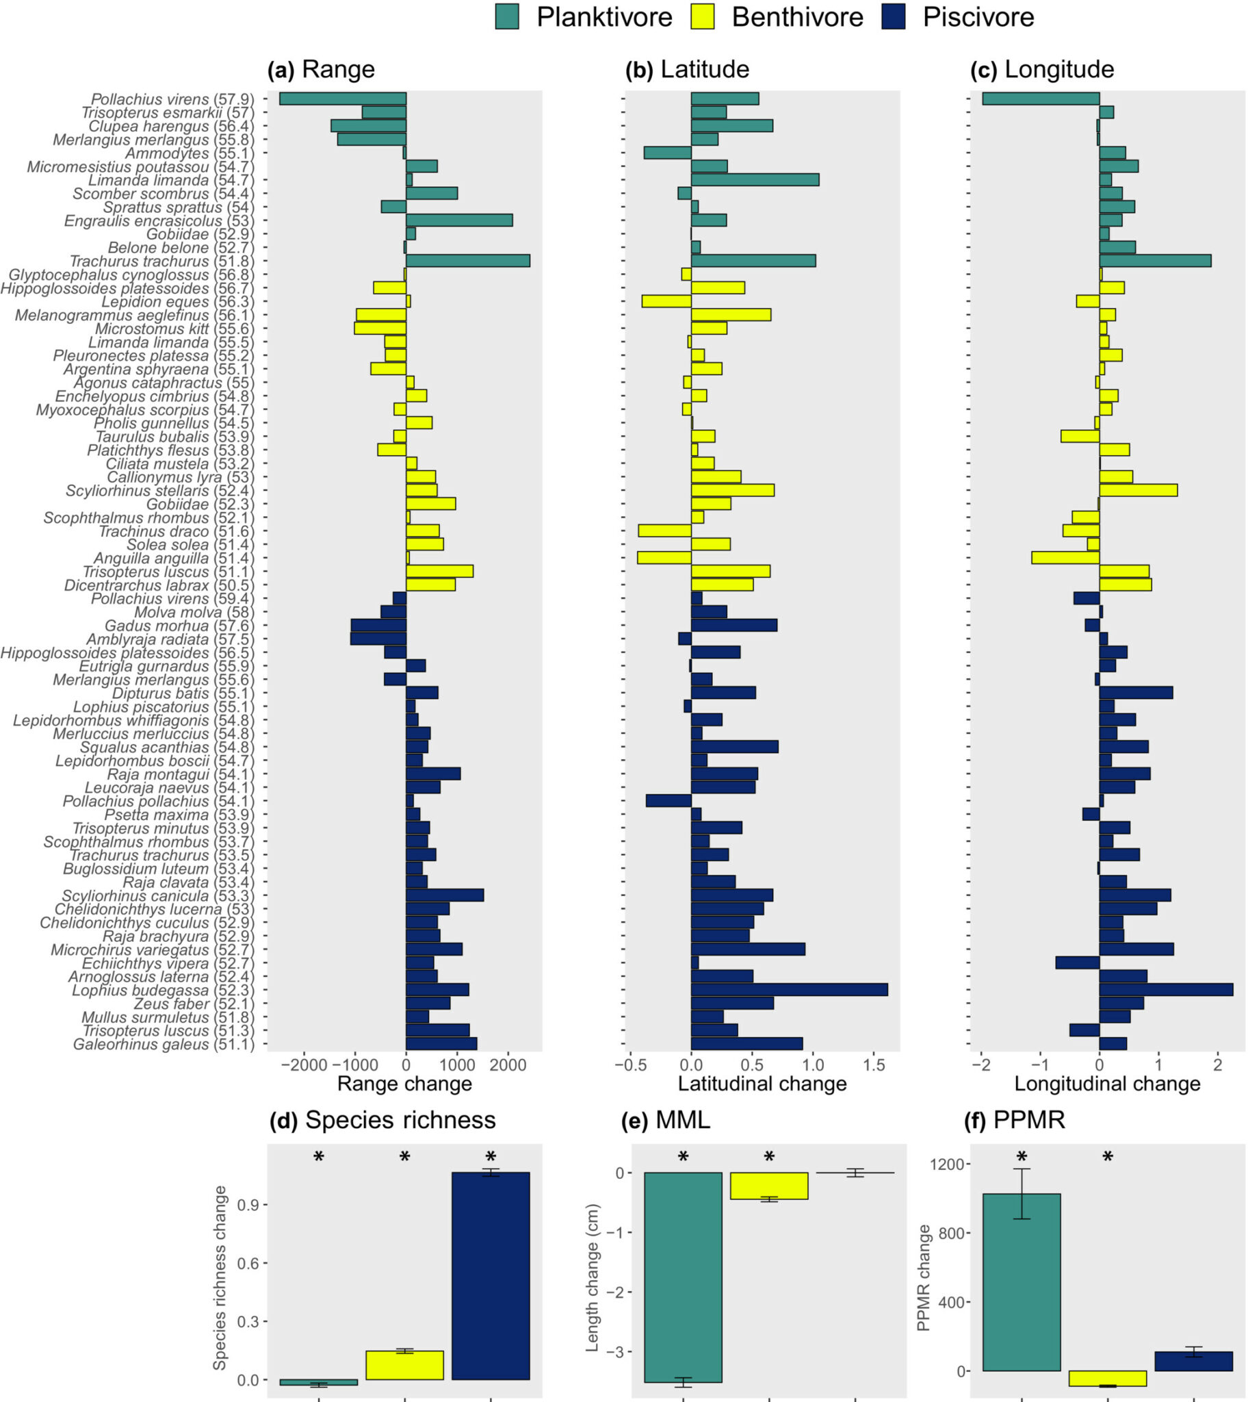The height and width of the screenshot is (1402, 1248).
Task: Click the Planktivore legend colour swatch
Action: [507, 16]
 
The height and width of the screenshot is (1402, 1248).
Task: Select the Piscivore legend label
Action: [978, 17]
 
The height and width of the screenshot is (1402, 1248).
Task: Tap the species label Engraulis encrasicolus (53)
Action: [159, 221]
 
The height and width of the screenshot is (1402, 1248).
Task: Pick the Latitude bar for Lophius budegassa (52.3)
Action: [789, 990]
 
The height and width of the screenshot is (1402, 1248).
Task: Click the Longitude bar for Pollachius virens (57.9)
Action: [1040, 99]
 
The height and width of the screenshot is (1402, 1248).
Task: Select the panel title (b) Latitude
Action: [687, 69]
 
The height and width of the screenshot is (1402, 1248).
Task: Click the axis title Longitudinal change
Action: [1107, 1084]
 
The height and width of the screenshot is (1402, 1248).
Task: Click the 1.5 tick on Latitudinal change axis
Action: [874, 1065]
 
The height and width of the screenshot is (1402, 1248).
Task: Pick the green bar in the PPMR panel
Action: [1022, 1283]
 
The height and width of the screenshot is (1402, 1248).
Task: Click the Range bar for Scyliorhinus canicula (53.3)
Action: [444, 895]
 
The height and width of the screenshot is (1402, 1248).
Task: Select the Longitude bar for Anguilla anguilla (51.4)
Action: [1065, 558]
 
